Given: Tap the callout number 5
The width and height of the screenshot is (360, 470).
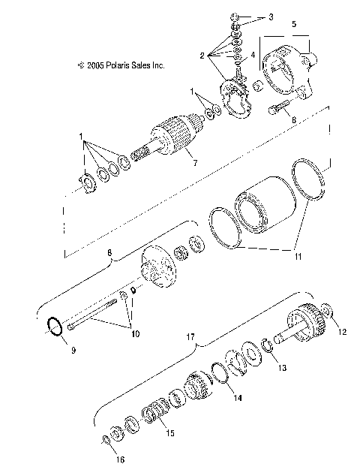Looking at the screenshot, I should pyautogui.click(x=293, y=24).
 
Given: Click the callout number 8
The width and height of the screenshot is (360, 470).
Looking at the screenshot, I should pyautogui.click(x=111, y=254).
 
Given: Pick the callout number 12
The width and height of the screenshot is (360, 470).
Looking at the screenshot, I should pyautogui.click(x=342, y=330).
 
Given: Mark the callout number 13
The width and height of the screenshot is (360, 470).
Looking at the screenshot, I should pyautogui.click(x=283, y=369).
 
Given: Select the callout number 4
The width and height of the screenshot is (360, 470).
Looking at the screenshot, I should pyautogui.click(x=253, y=55).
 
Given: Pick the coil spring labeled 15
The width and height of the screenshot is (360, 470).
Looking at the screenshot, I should pyautogui.click(x=154, y=413).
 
